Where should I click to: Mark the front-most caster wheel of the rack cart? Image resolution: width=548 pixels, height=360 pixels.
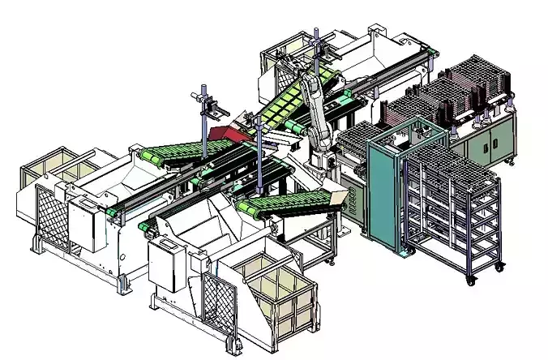[x=470, y=280]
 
